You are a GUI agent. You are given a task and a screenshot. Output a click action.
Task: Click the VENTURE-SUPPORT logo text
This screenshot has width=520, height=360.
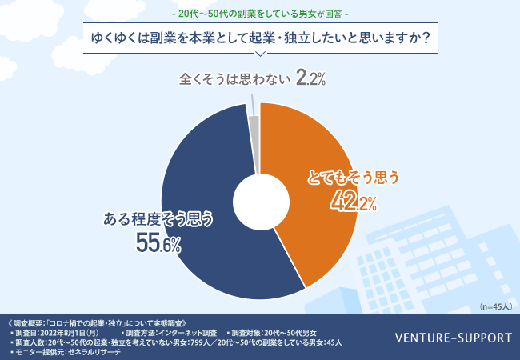click(x=454, y=337)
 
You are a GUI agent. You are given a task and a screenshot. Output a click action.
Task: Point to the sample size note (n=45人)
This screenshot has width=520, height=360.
click(x=495, y=306)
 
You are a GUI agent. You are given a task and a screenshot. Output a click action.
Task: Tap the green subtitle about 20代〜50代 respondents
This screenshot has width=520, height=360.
click(x=259, y=14)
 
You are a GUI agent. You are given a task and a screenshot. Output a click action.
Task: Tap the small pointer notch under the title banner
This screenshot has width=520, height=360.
click(x=259, y=54)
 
